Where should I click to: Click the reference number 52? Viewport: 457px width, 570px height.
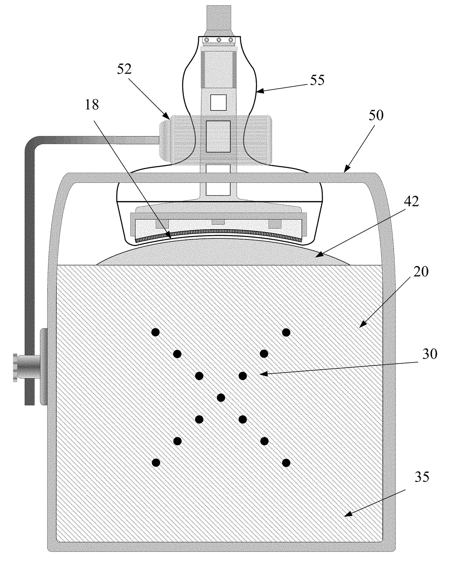coord(125,69)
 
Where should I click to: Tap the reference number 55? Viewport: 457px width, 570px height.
coord(317,80)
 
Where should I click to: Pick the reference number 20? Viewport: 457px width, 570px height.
coord(421,272)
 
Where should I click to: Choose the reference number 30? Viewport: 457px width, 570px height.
coord(430,354)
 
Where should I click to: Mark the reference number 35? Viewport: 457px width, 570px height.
coord(422,477)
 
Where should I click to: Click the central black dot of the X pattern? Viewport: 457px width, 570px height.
coord(221,398)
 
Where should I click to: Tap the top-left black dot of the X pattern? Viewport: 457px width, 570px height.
coord(156,332)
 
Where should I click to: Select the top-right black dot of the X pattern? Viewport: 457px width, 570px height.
coord(286,332)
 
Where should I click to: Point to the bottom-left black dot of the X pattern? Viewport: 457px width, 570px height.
coord(156,462)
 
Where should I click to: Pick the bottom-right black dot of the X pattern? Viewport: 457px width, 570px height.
coord(286,462)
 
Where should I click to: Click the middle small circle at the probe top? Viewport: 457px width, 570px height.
coord(219,40)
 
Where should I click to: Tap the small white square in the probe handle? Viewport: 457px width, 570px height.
coord(217,102)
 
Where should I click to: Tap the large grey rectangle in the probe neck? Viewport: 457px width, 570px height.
coord(218,136)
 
